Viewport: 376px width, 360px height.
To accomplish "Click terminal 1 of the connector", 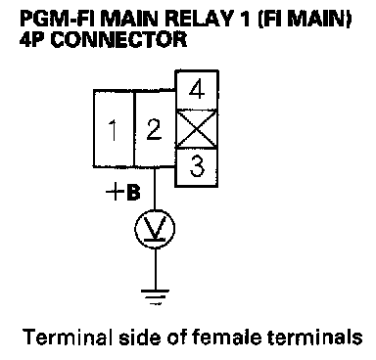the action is [114, 129].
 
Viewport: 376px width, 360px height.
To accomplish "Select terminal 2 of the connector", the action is [155, 129].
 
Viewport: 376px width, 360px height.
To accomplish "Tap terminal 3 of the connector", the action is [197, 167].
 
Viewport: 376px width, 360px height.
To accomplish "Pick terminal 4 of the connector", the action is [197, 90].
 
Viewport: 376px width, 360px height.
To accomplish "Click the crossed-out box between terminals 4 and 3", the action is [197, 129].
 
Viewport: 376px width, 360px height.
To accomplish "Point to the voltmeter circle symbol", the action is [155, 228].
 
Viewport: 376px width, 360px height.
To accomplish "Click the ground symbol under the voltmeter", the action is [155, 297].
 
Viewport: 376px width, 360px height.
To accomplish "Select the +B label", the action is [123, 193].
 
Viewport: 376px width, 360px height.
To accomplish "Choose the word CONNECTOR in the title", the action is [118, 40].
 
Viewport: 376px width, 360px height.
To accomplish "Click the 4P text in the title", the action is [33, 40].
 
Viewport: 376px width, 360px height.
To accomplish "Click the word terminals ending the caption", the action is [315, 337].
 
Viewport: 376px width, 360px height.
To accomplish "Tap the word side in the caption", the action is [140, 337].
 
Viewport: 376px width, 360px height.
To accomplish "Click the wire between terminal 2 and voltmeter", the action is [155, 188].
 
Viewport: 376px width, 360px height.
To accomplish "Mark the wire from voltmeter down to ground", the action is [155, 269].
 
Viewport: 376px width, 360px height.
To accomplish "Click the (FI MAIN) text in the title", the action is [305, 19].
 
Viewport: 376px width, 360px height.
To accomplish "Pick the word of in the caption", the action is [176, 337].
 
